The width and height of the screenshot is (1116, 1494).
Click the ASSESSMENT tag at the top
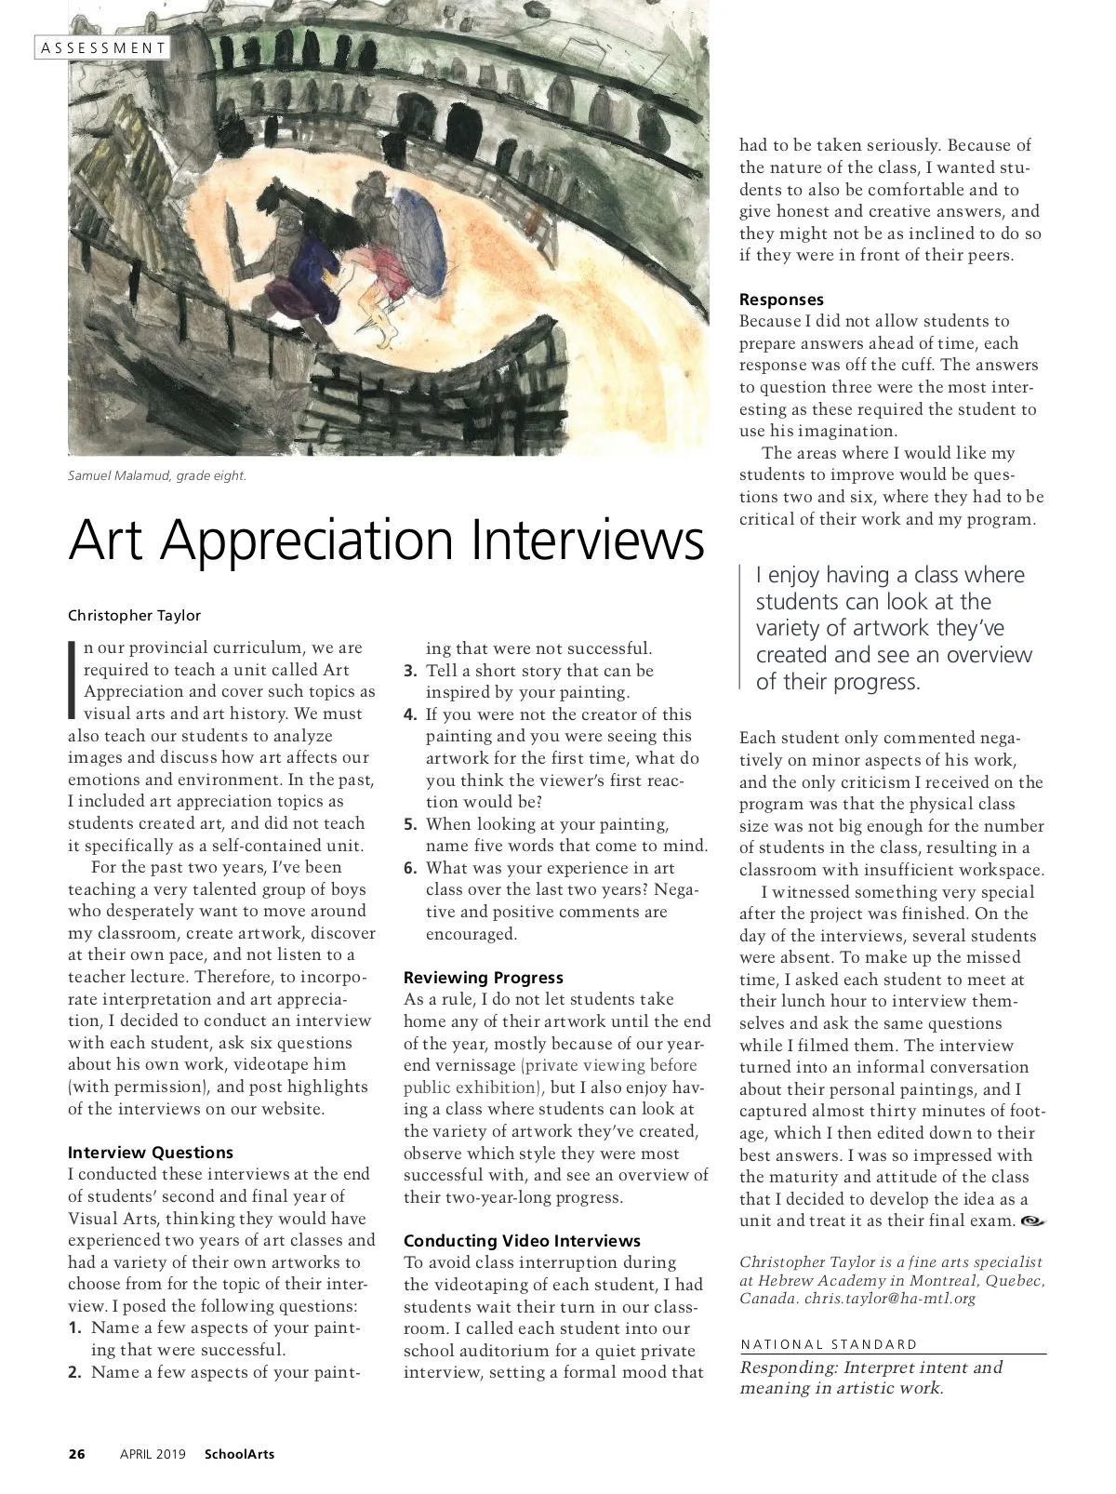(x=103, y=47)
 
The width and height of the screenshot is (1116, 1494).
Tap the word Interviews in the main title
(x=588, y=539)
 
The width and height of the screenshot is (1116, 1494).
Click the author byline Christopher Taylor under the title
(x=134, y=615)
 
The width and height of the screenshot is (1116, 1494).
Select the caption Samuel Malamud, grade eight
(x=157, y=476)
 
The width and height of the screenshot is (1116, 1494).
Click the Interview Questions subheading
(x=151, y=1153)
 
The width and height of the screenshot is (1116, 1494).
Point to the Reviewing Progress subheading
(x=484, y=978)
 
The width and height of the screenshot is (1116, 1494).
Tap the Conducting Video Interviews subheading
(x=522, y=1241)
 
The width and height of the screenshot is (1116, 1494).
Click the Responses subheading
(x=781, y=300)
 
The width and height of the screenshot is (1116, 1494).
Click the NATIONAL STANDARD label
(x=829, y=1344)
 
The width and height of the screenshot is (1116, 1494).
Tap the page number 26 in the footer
(x=77, y=1454)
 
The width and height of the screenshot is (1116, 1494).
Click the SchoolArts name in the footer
(x=239, y=1454)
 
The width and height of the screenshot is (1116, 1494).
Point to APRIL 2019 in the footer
(x=153, y=1454)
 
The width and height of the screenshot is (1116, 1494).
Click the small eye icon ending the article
(x=1032, y=1221)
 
